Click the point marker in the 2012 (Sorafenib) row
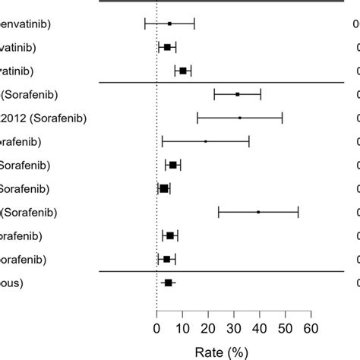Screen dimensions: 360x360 point(240,118)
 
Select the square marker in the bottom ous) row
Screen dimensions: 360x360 point(168,283)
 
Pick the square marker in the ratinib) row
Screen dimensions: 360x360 point(183,71)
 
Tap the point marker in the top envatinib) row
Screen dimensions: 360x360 point(169,24)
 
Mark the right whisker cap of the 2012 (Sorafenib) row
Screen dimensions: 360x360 point(283,118)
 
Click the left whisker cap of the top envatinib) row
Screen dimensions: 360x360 point(144,24)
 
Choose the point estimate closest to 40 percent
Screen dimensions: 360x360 point(258,212)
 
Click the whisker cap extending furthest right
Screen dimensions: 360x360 point(298,212)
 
